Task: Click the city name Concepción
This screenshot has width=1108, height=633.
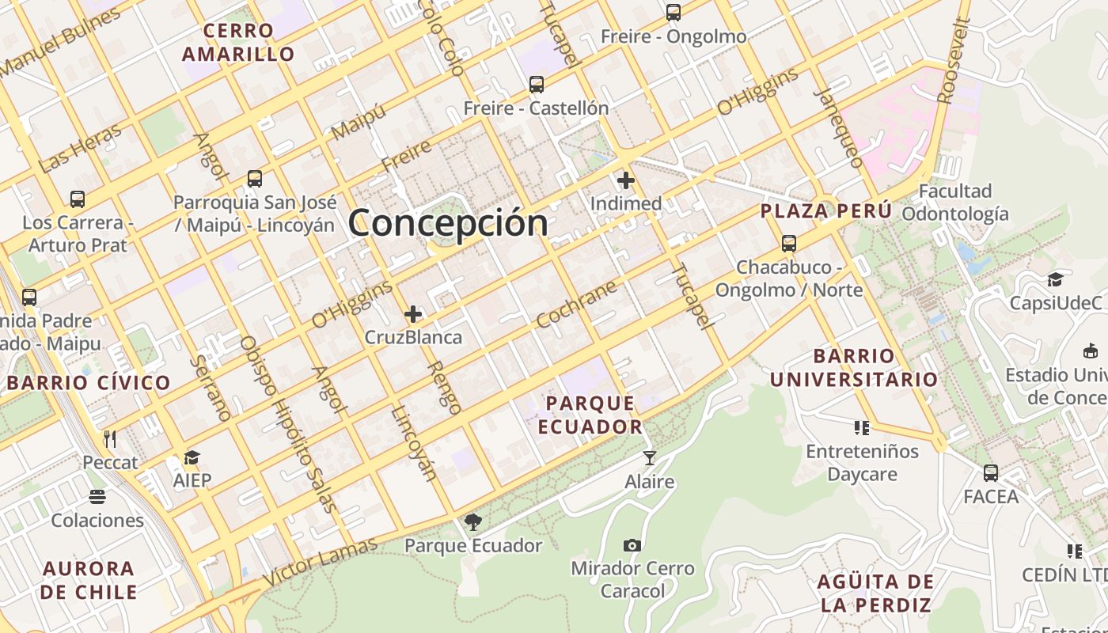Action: click(448, 222)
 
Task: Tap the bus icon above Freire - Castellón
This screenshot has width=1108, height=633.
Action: click(537, 85)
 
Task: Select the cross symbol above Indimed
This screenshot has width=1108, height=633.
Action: click(626, 180)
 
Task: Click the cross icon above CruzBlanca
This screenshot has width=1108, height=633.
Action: click(413, 314)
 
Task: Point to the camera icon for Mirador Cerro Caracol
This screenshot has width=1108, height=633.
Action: click(632, 545)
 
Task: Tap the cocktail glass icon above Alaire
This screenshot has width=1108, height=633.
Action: click(650, 458)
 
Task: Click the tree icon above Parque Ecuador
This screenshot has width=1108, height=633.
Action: click(473, 521)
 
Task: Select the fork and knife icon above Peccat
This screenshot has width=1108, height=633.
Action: click(110, 438)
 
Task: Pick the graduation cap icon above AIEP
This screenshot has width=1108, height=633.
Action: click(192, 457)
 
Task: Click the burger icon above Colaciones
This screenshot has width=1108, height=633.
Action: click(97, 497)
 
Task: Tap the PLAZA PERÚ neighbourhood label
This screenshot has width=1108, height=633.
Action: click(826, 211)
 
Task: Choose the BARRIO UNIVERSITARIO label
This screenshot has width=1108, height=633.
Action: click(854, 367)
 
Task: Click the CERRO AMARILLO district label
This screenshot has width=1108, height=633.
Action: click(238, 43)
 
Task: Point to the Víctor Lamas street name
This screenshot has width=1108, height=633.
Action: click(320, 562)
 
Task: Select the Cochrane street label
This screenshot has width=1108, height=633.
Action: click(576, 305)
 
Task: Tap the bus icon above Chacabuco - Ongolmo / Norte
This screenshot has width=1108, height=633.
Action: click(788, 244)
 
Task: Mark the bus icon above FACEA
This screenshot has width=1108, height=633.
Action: click(990, 473)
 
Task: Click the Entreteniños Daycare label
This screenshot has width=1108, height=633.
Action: click(862, 463)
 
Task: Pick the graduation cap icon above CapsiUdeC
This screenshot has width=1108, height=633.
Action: click(1055, 279)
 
